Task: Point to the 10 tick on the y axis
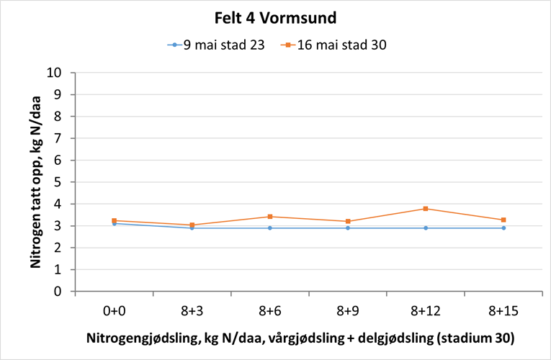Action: pyautogui.click(x=60, y=73)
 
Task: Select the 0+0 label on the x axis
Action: pyautogui.click(x=115, y=311)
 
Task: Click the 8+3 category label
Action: pyautogui.click(x=192, y=311)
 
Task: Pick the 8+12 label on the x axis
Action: pyautogui.click(x=426, y=311)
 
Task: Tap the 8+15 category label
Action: pyautogui.click(x=503, y=311)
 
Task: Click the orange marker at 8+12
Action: pyautogui.click(x=426, y=209)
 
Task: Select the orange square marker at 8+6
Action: pyautogui.click(x=270, y=217)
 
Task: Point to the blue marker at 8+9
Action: pyautogui.click(x=348, y=228)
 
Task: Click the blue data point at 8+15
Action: pyautogui.click(x=503, y=228)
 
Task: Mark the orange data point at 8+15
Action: pyautogui.click(x=503, y=220)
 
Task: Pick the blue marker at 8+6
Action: pyautogui.click(x=270, y=228)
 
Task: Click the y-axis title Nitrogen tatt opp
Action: pyautogui.click(x=35, y=183)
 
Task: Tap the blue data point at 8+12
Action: pyautogui.click(x=426, y=228)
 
